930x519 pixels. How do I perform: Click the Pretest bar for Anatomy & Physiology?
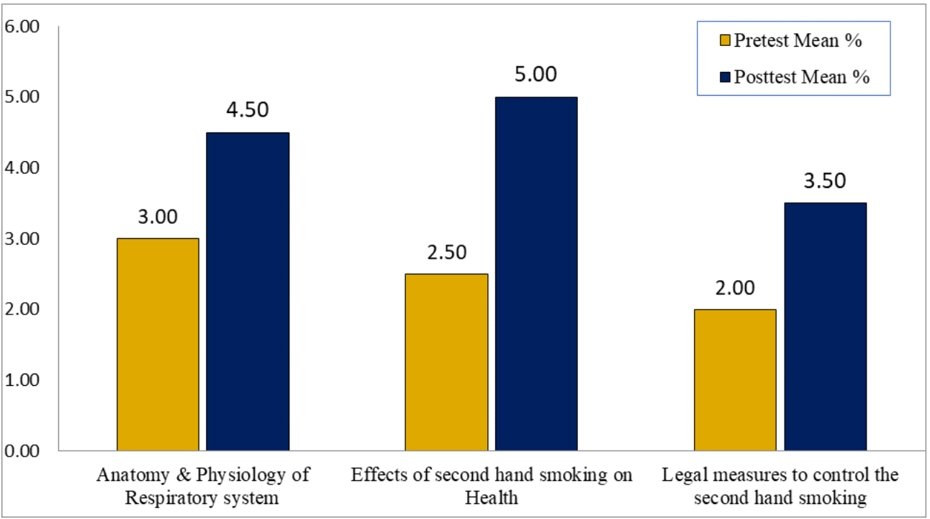(x=158, y=344)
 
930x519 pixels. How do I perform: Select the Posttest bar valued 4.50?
(x=248, y=292)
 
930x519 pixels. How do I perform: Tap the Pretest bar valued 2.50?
(x=446, y=362)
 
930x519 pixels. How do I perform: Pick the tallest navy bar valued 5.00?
(x=536, y=274)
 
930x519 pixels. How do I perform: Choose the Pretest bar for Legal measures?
(x=735, y=379)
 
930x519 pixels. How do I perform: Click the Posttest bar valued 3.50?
(x=826, y=327)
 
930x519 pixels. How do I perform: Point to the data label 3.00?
(x=158, y=217)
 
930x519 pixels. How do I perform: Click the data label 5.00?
(x=536, y=75)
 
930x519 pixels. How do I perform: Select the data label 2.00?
(x=735, y=288)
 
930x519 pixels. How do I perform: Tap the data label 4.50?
(x=248, y=110)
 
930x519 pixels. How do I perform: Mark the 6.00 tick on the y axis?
(x=22, y=27)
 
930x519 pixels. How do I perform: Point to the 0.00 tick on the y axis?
(x=22, y=451)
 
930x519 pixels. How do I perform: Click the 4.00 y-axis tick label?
(x=22, y=168)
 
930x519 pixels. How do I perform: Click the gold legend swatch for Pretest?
(x=726, y=41)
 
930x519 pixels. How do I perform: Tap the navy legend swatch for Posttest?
(x=726, y=77)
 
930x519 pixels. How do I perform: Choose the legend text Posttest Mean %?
(x=801, y=77)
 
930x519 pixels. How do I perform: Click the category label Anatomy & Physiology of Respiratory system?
(x=202, y=486)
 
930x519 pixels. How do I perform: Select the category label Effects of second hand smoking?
(x=492, y=486)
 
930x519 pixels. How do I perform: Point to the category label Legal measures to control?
(x=780, y=486)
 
